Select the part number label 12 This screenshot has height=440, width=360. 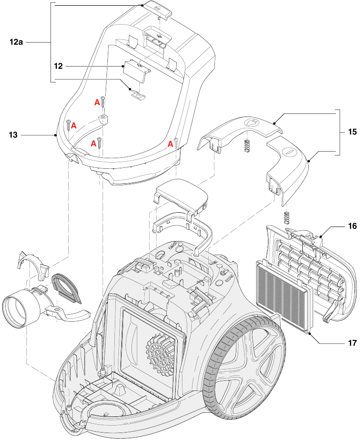[x=58, y=66]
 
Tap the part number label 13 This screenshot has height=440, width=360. [x=13, y=135]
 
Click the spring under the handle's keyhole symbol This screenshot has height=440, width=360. [x=247, y=145]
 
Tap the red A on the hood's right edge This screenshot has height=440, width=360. [x=170, y=143]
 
